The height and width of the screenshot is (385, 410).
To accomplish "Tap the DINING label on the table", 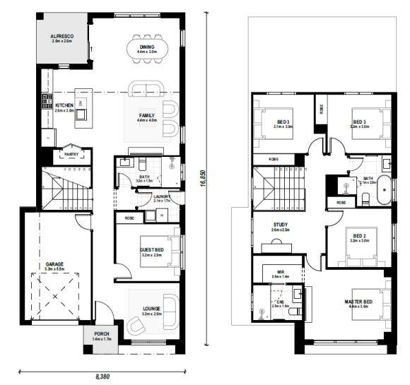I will click(147, 47).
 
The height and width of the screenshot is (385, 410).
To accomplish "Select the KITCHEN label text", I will click(64, 105).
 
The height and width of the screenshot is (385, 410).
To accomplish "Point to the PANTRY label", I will click(71, 153).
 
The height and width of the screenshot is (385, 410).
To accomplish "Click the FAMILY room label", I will click(146, 115).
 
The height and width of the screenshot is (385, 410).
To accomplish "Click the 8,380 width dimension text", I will click(102, 377).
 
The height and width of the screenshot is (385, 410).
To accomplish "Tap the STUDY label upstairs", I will click(281, 226).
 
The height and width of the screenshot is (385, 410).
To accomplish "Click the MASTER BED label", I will click(358, 302).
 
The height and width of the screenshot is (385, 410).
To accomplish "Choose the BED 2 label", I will click(359, 236).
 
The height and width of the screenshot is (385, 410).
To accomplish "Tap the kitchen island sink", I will click(81, 103).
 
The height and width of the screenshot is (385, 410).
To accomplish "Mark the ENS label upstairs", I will click(280, 302).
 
